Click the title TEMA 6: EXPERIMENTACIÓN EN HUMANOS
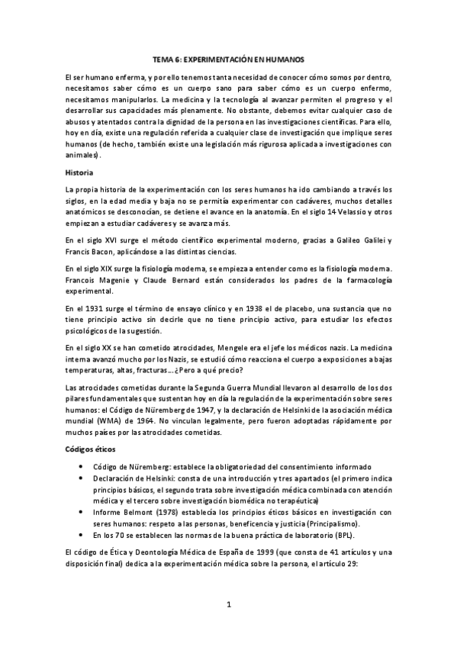pyautogui.click(x=228, y=59)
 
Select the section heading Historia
pyautogui.click(x=79, y=172)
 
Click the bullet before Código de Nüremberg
pyautogui.click(x=82, y=466)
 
